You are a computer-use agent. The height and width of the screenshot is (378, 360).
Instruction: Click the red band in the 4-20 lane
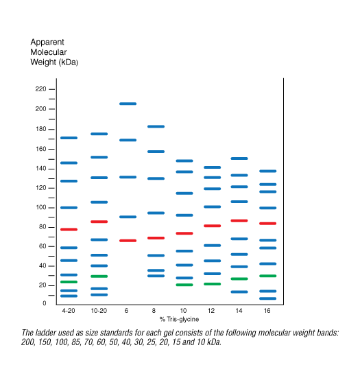[x=69, y=230]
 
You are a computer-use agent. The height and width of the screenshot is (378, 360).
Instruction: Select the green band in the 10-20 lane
[x=99, y=276]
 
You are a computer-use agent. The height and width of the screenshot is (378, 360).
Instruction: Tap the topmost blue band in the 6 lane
[x=128, y=104]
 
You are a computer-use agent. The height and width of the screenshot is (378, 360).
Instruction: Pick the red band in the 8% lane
[x=156, y=238]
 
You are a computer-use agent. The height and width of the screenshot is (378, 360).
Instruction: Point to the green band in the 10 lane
[x=184, y=285]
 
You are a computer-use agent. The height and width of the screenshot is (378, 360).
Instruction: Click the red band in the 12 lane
[x=213, y=226]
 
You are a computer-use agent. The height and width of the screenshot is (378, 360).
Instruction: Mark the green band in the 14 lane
[x=239, y=279]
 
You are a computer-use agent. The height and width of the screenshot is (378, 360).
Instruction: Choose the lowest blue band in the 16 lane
[x=267, y=298]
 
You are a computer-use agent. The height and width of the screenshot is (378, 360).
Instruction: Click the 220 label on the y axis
[x=40, y=89]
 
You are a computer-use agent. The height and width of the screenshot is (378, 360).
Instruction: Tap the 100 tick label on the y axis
[x=40, y=207]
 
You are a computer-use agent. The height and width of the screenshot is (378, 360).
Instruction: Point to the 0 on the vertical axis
[x=45, y=303]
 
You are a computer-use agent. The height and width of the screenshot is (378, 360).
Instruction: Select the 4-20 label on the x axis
[x=69, y=311]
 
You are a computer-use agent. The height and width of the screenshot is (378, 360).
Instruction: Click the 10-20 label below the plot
[x=99, y=311]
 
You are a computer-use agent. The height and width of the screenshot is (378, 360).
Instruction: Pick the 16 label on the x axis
[x=267, y=311]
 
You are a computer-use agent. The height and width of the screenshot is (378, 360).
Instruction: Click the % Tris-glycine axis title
[x=179, y=320]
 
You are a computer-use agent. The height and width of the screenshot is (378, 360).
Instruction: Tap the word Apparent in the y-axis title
[x=47, y=43]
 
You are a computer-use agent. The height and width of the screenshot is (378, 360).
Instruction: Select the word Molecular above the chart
[x=49, y=52]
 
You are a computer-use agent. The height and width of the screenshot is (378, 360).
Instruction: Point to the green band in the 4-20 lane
[x=69, y=282]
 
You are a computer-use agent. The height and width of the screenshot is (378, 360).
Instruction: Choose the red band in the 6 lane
[x=128, y=241]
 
